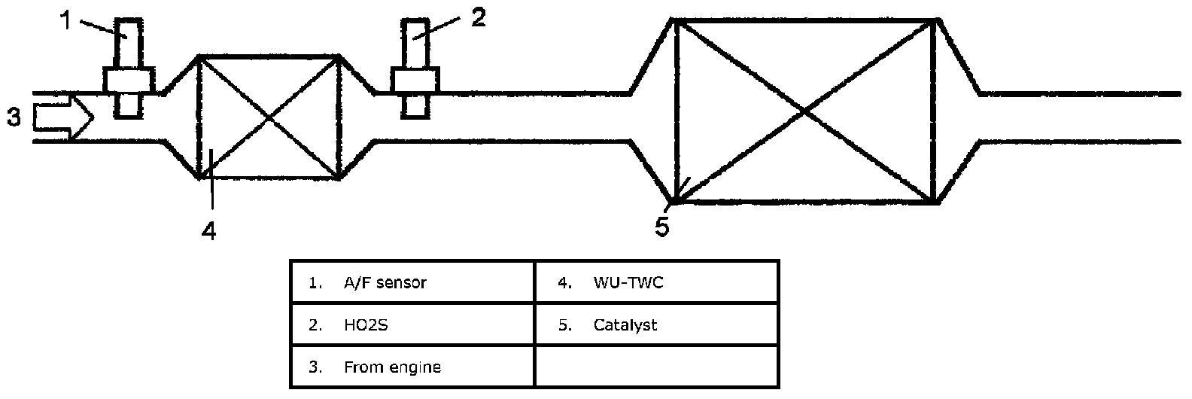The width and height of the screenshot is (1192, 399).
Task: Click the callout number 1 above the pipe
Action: tap(65, 21)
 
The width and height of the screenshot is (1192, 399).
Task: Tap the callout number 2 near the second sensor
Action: tap(479, 18)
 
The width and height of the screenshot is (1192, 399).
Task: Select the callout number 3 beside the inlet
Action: tap(14, 117)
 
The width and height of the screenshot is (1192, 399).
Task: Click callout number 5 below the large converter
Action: tap(662, 227)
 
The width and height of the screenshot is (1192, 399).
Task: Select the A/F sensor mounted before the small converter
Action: tap(129, 69)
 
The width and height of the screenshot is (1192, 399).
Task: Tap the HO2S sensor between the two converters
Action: tap(415, 69)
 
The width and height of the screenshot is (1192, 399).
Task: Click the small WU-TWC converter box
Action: tap(268, 117)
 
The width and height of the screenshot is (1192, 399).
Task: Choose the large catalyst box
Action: tap(804, 111)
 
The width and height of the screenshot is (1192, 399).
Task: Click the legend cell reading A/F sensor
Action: tap(412, 282)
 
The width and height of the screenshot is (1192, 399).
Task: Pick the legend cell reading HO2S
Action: tap(412, 324)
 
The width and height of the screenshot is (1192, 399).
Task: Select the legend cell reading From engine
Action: tap(412, 367)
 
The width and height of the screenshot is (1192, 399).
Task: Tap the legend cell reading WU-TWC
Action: tap(657, 282)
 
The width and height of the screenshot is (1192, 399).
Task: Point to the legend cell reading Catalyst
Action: tap(657, 324)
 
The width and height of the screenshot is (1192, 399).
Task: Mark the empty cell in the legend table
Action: tap(657, 367)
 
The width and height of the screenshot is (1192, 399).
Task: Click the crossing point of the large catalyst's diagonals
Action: tap(804, 111)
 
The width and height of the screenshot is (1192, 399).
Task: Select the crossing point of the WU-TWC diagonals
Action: tap(268, 117)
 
